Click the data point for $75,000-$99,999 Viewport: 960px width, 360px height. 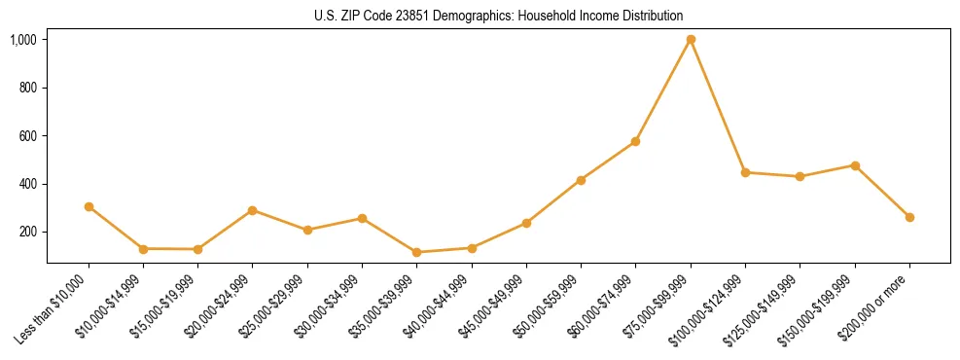pyautogui.click(x=691, y=40)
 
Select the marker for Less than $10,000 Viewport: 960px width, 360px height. pyautogui.click(x=89, y=206)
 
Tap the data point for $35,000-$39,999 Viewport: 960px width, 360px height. pyautogui.click(x=417, y=252)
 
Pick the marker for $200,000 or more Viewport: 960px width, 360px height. pyautogui.click(x=909, y=217)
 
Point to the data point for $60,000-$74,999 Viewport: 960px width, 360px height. pyautogui.click(x=636, y=141)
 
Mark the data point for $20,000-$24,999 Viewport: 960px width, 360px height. pyautogui.click(x=253, y=210)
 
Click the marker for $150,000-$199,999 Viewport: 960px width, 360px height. pyautogui.click(x=855, y=165)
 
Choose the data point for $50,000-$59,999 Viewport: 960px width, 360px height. pyautogui.click(x=581, y=180)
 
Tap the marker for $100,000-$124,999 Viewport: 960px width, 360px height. pyautogui.click(x=745, y=172)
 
